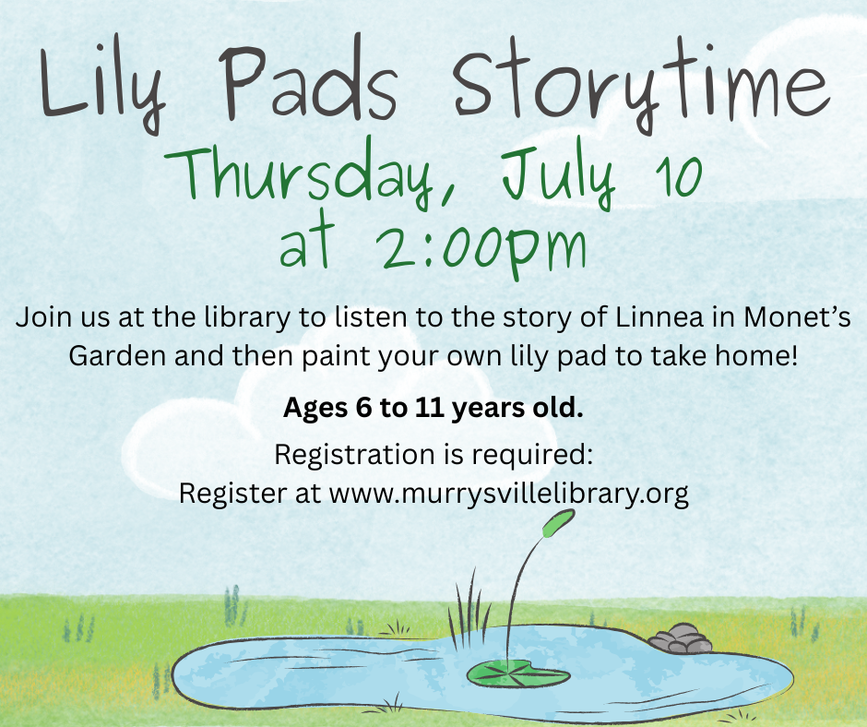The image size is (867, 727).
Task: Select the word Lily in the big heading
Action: coord(103,86)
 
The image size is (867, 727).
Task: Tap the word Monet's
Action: coord(797,317)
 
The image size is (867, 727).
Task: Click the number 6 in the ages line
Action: coord(363,408)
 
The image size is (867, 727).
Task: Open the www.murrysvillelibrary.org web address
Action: coord(509,493)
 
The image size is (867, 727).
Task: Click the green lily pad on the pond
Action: coord(517,673)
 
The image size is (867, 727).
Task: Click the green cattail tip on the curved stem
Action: coord(558,523)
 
